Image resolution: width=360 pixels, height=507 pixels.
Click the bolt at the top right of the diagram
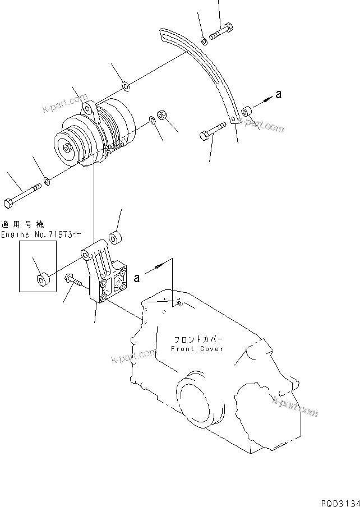coord(221,33)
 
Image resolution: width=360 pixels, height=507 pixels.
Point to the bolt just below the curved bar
coord(211,133)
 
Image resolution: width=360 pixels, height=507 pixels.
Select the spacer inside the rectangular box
coord(42,278)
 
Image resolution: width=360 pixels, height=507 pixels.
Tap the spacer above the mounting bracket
coord(117,237)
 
